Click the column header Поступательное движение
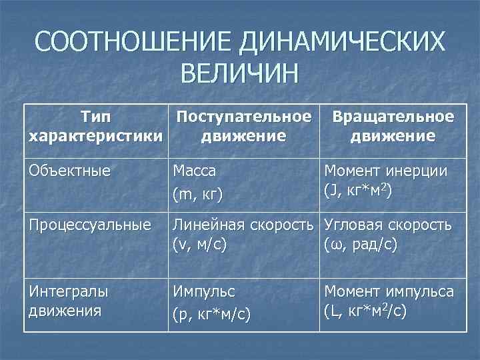click(x=244, y=127)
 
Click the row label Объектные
click(x=69, y=170)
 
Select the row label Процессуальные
click(x=90, y=225)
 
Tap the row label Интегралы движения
click(x=69, y=300)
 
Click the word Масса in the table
click(x=195, y=171)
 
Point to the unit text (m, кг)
click(x=197, y=194)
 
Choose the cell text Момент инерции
click(x=386, y=171)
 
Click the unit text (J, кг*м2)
click(x=357, y=190)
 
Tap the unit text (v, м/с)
click(x=200, y=244)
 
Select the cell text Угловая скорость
click(x=387, y=225)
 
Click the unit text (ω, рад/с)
click(x=361, y=244)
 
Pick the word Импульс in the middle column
click(x=205, y=291)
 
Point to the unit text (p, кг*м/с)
click(x=211, y=314)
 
